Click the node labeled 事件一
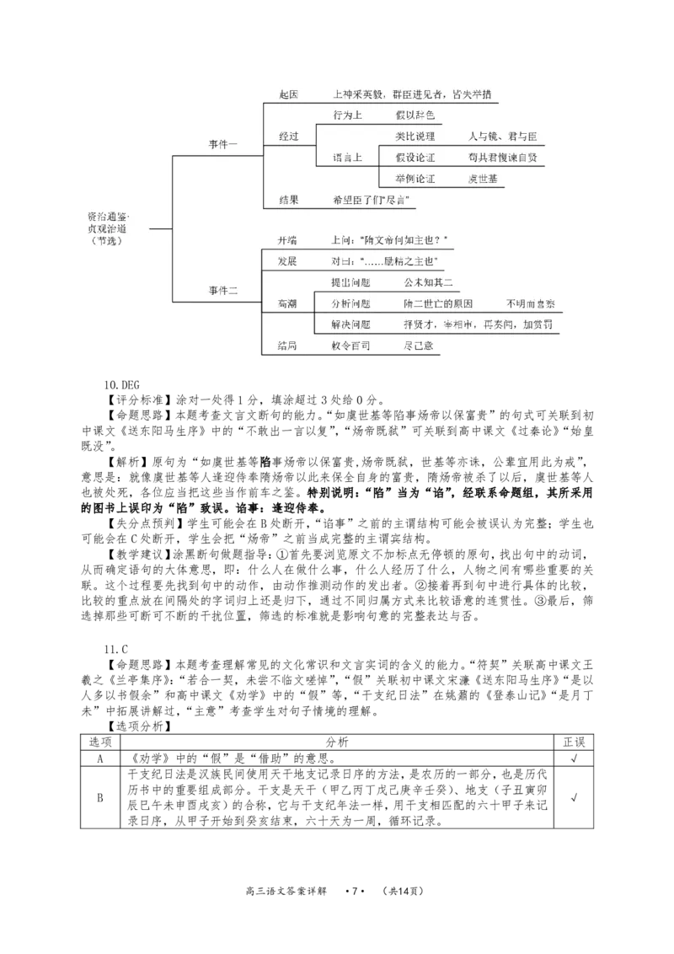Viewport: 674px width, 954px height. click(x=223, y=145)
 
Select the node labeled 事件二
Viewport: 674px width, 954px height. click(x=223, y=291)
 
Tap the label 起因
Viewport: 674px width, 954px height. click(x=288, y=94)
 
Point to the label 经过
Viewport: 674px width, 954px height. click(x=288, y=136)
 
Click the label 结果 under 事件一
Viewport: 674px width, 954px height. click(x=288, y=200)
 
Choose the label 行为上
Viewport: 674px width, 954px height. click(x=347, y=115)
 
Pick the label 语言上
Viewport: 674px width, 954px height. click(x=347, y=158)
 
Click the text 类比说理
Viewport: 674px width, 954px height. click(x=415, y=137)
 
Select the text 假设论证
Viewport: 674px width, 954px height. click(x=415, y=158)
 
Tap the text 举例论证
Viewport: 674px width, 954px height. click(x=415, y=179)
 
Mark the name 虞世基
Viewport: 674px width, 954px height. click(x=483, y=179)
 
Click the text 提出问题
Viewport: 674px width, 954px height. click(x=350, y=282)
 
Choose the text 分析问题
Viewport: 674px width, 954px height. click(x=350, y=303)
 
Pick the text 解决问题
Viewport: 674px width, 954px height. click(x=350, y=324)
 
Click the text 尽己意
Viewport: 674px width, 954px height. click(x=419, y=346)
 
